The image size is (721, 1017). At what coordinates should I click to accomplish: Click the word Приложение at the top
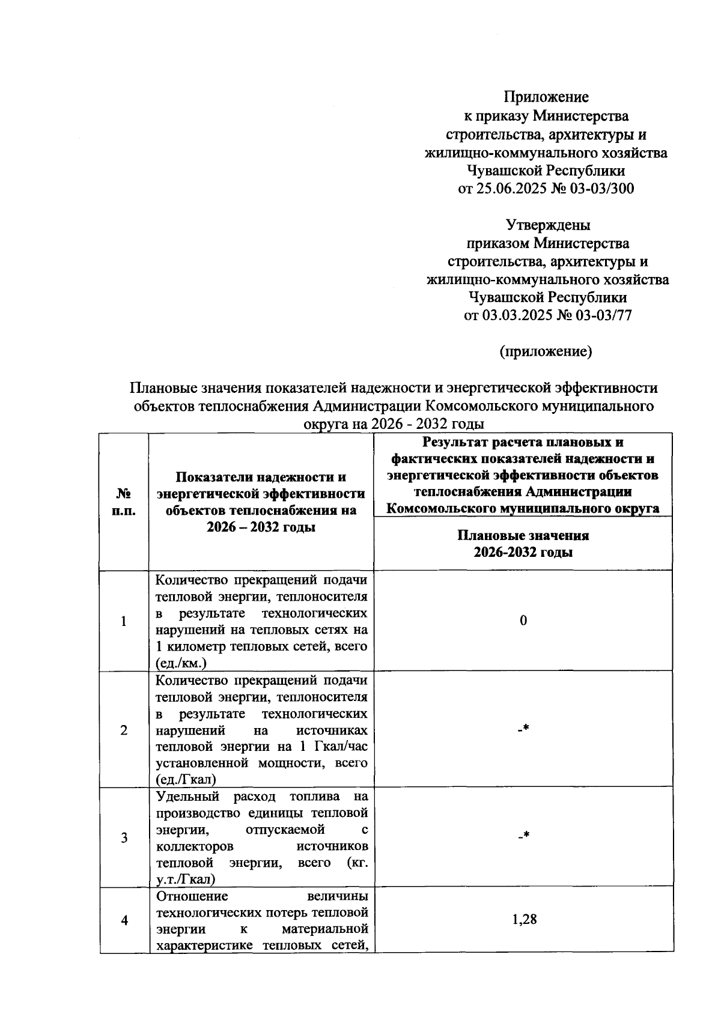546,97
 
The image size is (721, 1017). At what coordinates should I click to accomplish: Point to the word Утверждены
548,225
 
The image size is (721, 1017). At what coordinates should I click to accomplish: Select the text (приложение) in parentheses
546,352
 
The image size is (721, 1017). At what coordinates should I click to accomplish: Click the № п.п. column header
124,502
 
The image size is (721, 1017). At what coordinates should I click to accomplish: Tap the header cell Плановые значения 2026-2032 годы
523,544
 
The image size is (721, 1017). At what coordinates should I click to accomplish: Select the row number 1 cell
124,621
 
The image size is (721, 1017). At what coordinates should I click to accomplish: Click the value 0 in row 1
523,621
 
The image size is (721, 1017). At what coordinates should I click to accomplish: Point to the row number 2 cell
124,730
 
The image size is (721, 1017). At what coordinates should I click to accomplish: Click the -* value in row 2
523,729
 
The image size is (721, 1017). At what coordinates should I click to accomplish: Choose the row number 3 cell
124,837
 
